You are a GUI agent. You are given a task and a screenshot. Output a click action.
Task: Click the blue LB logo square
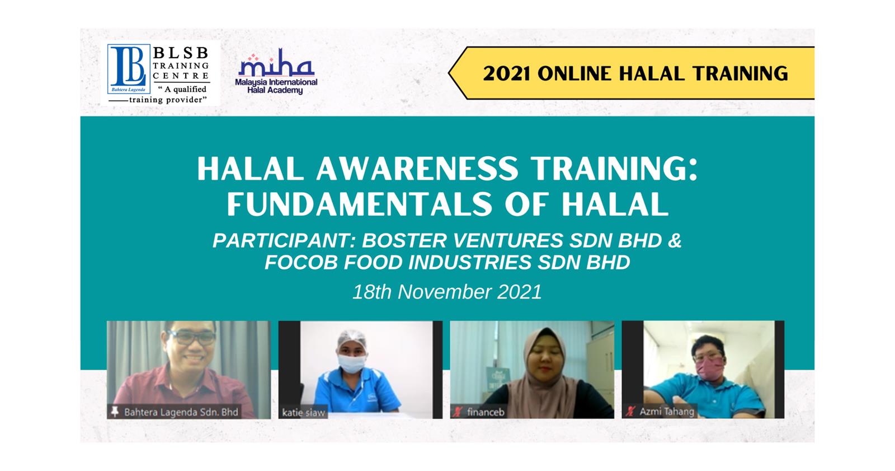click(129, 69)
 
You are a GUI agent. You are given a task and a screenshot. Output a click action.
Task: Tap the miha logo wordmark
click(276, 63)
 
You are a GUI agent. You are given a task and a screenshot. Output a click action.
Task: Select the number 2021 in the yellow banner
click(507, 73)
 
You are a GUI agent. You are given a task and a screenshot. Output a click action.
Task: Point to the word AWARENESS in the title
click(417, 169)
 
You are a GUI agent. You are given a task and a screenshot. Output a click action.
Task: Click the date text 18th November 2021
click(447, 292)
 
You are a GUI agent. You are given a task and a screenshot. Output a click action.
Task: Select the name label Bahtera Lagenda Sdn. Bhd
click(181, 412)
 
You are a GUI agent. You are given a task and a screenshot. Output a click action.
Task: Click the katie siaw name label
click(303, 413)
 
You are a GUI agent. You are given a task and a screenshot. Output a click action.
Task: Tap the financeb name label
click(486, 412)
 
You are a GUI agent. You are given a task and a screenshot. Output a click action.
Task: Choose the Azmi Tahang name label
click(666, 412)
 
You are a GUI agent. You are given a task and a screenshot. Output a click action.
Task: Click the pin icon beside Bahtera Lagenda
click(115, 412)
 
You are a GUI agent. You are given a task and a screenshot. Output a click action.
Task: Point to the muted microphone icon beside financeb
click(458, 412)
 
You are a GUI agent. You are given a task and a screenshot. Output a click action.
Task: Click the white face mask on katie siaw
click(352, 363)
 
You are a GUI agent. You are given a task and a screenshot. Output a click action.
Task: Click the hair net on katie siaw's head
click(352, 339)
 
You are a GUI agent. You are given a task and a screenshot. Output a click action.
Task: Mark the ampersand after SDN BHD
click(675, 240)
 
